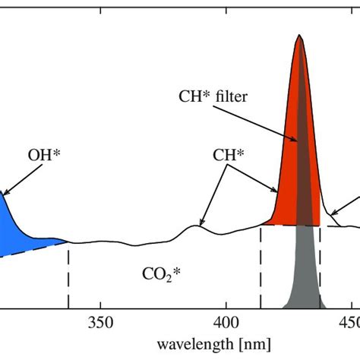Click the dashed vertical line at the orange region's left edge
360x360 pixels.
(x=261, y=266)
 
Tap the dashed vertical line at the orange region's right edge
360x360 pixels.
(x=321, y=266)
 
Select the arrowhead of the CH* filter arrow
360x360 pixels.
(x=297, y=141)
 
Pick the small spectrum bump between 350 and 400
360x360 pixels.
(x=200, y=224)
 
